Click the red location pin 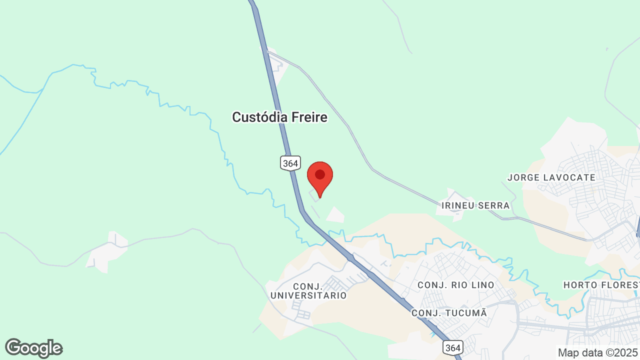pyautogui.click(x=320, y=178)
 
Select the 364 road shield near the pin pyautogui.click(x=290, y=163)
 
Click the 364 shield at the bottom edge pyautogui.click(x=452, y=347)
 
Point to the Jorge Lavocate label pyautogui.click(x=551, y=177)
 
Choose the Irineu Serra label pyautogui.click(x=475, y=205)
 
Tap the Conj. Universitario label pyautogui.click(x=308, y=290)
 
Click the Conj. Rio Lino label pyautogui.click(x=456, y=285)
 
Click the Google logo pyautogui.click(x=33, y=348)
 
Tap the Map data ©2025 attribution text pyautogui.click(x=597, y=352)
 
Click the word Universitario pyautogui.click(x=308, y=295)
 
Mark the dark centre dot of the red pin pyautogui.click(x=320, y=174)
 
